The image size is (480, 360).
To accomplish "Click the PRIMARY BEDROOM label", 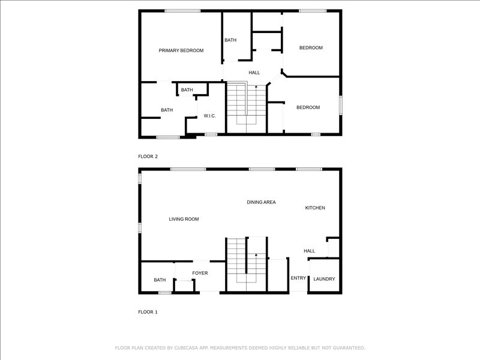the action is coord(181,50).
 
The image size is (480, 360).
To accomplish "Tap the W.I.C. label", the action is coord(209,116).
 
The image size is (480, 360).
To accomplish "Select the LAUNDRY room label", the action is coord(324,279).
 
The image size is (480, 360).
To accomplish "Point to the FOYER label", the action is coord(200,273).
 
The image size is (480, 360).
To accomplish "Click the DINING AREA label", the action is coord(261,202).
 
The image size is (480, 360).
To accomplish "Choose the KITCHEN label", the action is coord(315,208).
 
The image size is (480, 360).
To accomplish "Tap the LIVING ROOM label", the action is coord(184,219).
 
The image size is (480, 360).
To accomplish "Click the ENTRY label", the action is coord(298,278).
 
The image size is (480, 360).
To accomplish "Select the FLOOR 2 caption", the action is coord(148,157).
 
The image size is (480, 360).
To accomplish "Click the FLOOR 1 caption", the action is coord(148,312).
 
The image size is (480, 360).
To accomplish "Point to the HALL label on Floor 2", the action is coord(254,73).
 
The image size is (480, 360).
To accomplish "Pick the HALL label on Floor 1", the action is coord(309,251).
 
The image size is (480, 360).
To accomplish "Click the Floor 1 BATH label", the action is coord(160,280).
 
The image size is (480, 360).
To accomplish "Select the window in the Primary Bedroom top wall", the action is coord(182,11).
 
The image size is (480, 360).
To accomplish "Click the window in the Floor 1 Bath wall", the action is coord(165,293).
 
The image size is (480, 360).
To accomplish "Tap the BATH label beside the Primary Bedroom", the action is coord(230,40).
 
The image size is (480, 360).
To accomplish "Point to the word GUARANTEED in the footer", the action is coord(349,348).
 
